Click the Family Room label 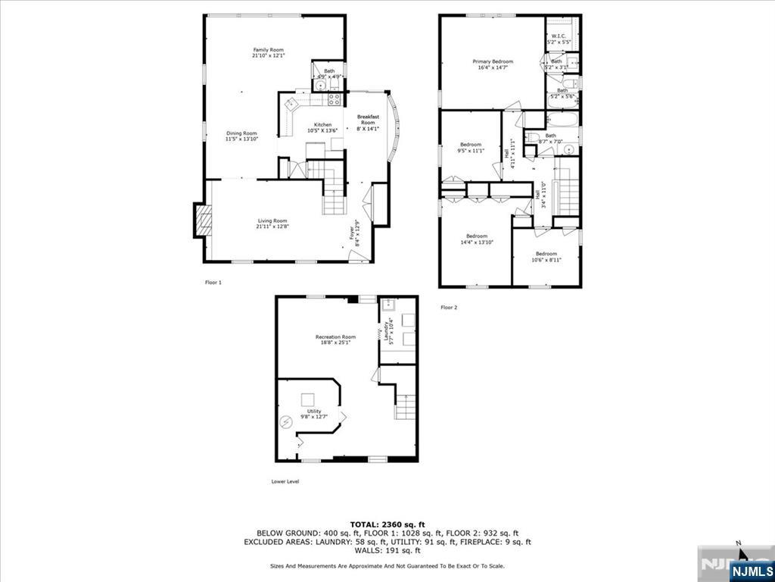263,50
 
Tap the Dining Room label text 242,133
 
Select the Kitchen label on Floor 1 323,125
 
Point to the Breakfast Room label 368,120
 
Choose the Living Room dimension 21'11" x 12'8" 273,227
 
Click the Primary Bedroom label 493,61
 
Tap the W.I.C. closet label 559,36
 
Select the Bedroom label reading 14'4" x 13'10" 477,236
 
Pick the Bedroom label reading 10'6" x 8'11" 546,254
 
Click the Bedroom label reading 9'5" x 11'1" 471,144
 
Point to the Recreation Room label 335,336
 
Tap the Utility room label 314,411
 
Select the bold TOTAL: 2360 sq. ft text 387,524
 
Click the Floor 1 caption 213,282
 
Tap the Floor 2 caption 449,307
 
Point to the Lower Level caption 285,481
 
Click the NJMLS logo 752,570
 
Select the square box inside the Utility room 308,399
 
